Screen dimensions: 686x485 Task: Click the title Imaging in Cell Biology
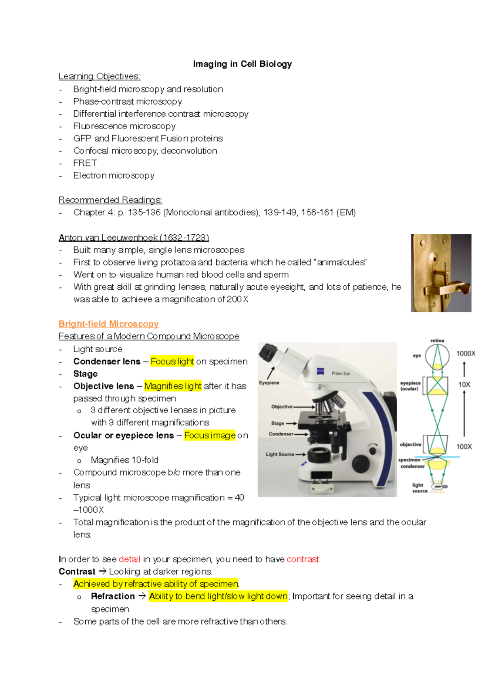click(242, 64)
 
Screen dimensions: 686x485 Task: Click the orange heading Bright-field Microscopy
click(108, 324)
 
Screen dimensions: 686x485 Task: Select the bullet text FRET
click(85, 163)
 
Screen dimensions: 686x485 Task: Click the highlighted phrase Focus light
click(172, 362)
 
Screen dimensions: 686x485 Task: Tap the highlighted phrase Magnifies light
click(173, 386)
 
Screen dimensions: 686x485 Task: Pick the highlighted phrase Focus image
click(209, 436)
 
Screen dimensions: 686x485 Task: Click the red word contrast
click(302, 559)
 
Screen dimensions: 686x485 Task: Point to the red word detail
click(129, 559)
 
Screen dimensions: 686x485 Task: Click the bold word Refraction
click(113, 596)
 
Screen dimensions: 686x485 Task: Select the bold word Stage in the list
click(85, 374)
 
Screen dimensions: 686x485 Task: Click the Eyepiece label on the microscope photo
click(269, 383)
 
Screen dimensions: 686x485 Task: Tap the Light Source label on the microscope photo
click(280, 454)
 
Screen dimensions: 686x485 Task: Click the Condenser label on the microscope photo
click(281, 434)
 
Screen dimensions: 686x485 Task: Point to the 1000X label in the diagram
click(465, 354)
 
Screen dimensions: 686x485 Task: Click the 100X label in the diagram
click(464, 446)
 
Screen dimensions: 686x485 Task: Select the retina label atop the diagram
click(437, 341)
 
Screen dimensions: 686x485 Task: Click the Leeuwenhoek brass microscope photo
click(441, 273)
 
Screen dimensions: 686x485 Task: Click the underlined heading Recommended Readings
click(110, 200)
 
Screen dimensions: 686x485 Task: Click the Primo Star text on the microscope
click(341, 373)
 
